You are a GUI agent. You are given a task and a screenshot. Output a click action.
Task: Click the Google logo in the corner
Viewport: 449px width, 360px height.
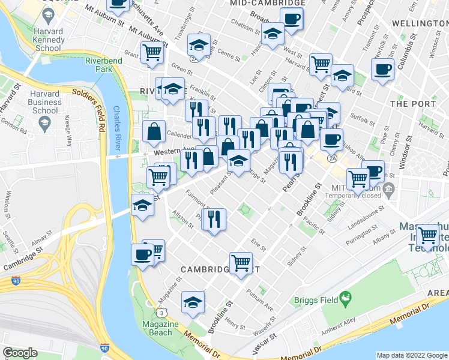coord(20,353)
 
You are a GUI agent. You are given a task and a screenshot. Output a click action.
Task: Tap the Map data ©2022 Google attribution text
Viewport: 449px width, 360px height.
coord(412,355)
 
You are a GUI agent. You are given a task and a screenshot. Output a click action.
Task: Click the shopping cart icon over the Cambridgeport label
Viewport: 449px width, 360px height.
coord(241,262)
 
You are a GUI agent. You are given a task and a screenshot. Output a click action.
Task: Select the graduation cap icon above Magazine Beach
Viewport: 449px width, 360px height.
coord(193,302)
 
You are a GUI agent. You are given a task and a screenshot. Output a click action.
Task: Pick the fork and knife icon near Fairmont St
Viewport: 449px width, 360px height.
coord(214,219)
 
